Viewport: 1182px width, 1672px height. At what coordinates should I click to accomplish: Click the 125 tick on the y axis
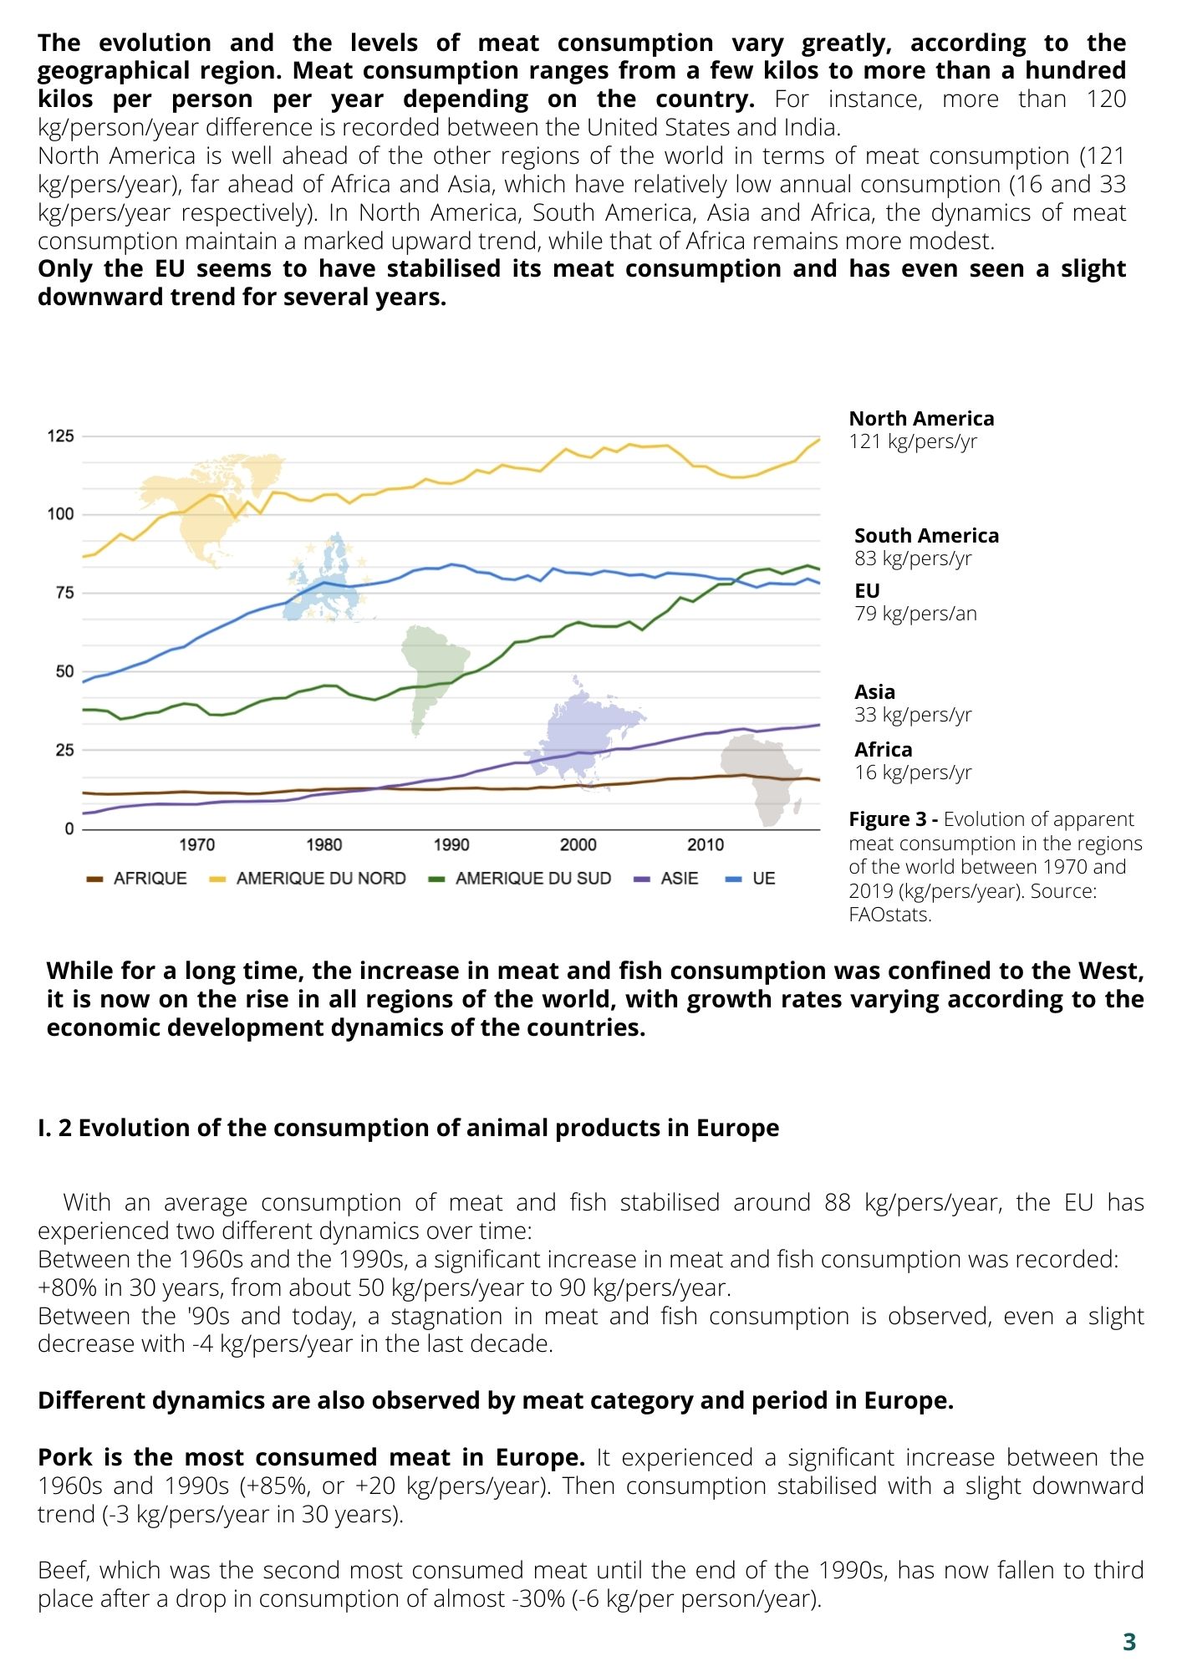coord(60,436)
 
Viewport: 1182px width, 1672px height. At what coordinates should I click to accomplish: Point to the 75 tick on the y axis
coord(64,593)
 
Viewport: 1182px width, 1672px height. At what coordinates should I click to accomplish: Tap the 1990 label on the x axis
coord(451,845)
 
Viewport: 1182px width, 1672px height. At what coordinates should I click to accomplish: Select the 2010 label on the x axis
coord(706,845)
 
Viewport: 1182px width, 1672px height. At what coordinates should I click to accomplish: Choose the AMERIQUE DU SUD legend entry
coord(519,879)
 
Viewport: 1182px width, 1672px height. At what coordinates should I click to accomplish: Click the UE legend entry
coord(751,879)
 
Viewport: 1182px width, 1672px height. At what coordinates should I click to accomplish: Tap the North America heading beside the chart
coord(921,419)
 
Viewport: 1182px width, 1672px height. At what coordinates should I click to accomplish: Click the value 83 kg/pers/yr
coord(913,558)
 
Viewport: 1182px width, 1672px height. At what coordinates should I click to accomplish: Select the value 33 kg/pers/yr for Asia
coord(913,715)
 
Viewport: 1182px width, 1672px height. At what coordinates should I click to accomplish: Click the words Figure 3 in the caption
coord(885,819)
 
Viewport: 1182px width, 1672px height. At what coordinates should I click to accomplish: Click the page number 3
coord(1129,1642)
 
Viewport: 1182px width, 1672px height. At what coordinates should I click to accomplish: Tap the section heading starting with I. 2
coord(408,1128)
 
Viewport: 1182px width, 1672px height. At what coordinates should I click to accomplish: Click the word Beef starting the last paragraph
coord(64,1570)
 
